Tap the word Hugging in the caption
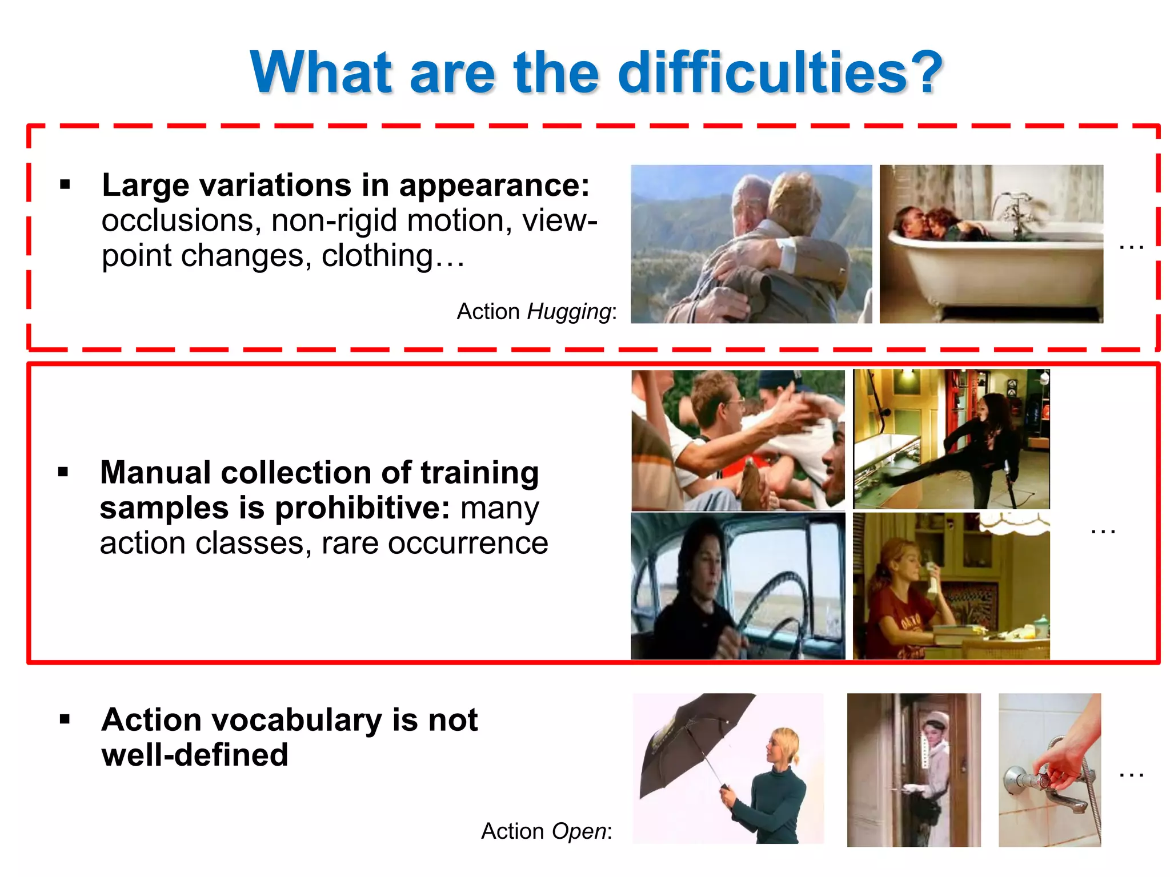tap(569, 312)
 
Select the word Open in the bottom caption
tap(578, 831)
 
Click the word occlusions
tap(177, 221)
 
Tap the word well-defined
tap(195, 755)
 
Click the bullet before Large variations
tap(65, 184)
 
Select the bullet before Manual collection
tap(63, 472)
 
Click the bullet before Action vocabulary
tap(65, 719)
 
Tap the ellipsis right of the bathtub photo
tap(1131, 247)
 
